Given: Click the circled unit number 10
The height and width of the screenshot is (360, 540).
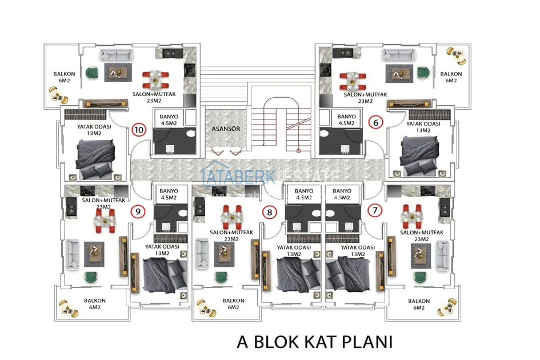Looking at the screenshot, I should coord(138,129).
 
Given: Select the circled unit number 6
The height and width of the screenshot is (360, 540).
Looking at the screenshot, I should coord(375,122).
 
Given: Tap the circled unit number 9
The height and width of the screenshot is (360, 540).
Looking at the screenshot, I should coord(137,211).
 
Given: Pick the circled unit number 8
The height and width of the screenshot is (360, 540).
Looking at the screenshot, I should coord(269,212).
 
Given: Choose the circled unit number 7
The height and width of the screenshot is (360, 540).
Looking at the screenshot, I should coord(375,210).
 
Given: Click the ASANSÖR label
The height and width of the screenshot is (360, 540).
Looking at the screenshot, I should coord(225,129).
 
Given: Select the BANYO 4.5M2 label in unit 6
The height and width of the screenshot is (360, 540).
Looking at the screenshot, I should coord(347,119).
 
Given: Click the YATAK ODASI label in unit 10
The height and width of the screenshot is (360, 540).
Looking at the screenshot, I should coord(93,130).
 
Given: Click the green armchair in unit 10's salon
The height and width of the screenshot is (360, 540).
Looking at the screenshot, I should coord(92,73).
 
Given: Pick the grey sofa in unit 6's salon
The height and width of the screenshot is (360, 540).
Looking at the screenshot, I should coord(399,55).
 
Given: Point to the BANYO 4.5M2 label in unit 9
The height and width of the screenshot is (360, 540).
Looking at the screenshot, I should coord(169,194).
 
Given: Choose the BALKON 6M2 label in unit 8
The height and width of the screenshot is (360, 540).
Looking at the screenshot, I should coord(233,304).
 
